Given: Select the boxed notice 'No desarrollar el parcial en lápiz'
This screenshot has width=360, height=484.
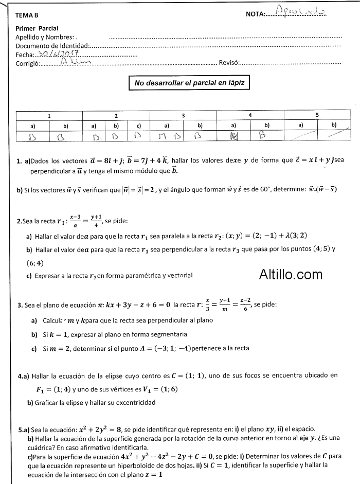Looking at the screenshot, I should (189, 82).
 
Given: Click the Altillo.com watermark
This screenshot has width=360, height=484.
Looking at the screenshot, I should (291, 275).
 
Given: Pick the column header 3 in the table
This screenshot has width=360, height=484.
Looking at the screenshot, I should (183, 116).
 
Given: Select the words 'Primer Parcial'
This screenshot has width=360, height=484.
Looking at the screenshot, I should (37, 28).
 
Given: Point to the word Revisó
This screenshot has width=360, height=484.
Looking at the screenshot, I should (229, 63).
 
